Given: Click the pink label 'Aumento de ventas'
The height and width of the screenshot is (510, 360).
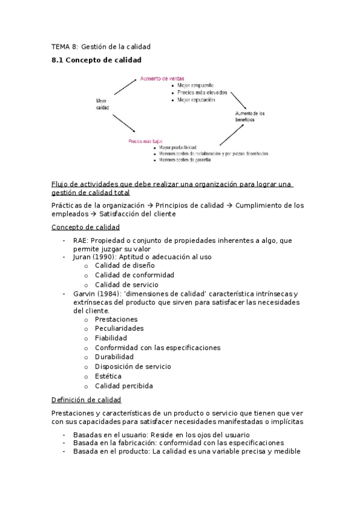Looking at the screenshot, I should coord(162,78).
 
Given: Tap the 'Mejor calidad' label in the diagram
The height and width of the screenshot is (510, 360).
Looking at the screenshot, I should coord(103,103).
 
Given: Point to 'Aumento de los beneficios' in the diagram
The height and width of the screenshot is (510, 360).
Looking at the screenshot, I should coord(249,117).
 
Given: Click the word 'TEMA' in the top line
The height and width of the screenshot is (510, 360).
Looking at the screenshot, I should coord(61,46).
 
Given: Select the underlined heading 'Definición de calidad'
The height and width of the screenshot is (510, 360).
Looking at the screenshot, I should coord(87,399).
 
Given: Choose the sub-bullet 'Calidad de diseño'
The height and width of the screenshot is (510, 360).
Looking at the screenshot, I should coord(124,265).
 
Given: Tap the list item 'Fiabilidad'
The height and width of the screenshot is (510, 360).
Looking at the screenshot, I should coord(111,338).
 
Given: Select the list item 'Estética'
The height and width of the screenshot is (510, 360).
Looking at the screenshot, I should coord(108,376).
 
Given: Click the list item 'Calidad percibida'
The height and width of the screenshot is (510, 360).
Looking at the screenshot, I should coord(124,386).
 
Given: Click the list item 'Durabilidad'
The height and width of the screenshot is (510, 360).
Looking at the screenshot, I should coord(114,357).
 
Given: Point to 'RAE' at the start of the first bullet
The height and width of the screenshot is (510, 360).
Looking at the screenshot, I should coord(81,240).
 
